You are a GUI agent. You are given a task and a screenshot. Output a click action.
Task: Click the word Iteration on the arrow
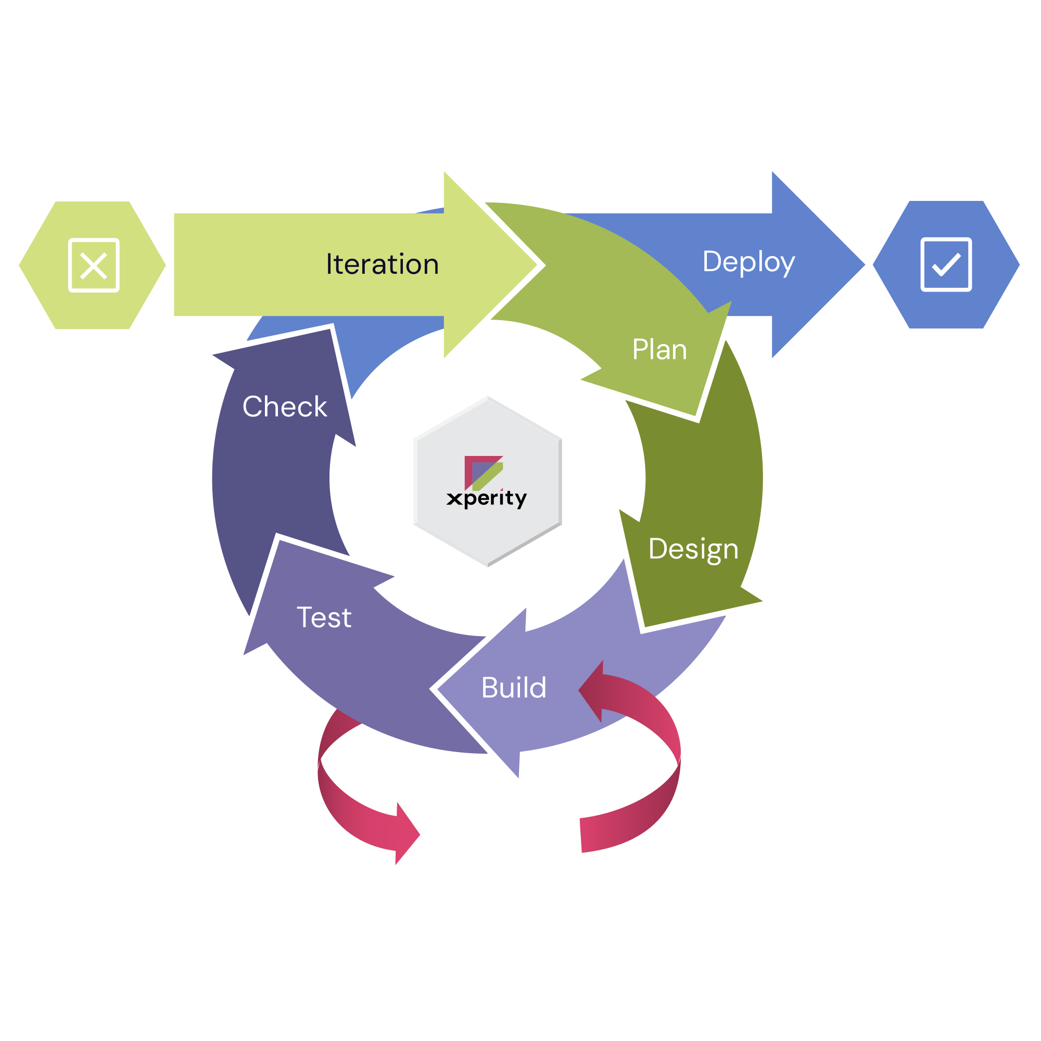click(x=382, y=264)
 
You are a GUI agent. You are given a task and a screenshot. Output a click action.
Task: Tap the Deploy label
click(x=748, y=262)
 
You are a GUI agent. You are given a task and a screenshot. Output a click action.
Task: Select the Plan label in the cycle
click(x=659, y=350)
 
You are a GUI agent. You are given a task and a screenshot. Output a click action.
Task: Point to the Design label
click(x=693, y=549)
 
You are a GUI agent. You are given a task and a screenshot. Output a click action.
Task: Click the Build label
click(x=514, y=688)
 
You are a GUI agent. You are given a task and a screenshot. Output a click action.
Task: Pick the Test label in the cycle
click(x=324, y=617)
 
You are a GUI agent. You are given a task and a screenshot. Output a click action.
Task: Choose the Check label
click(x=285, y=407)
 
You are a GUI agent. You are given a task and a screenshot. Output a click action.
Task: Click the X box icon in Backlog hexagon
click(x=94, y=265)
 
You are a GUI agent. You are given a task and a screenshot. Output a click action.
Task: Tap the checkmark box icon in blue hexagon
click(x=946, y=264)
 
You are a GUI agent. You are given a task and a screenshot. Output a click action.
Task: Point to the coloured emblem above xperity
click(x=484, y=473)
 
